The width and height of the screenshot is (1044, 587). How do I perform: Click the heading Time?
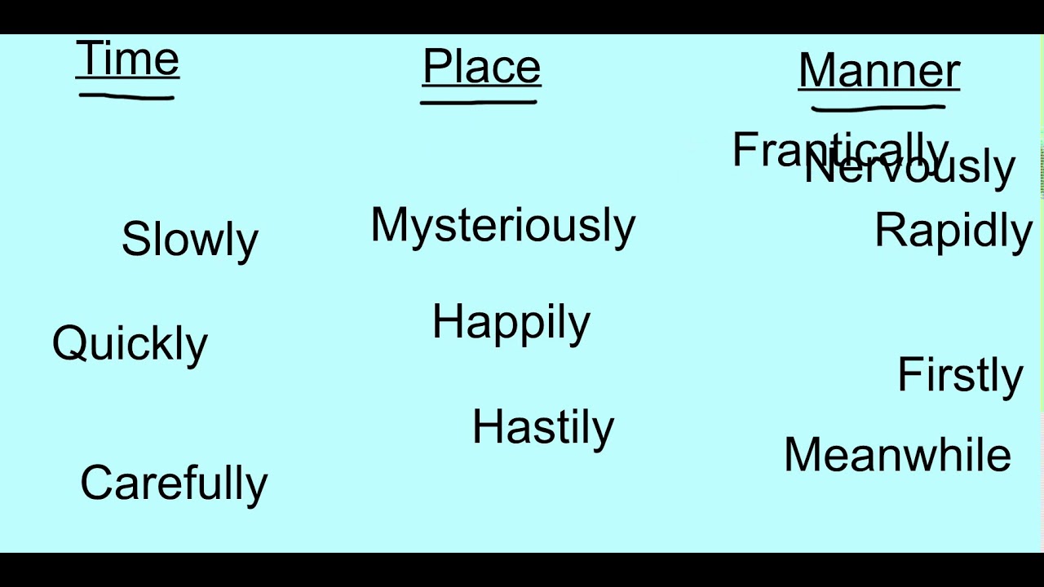pos(127,59)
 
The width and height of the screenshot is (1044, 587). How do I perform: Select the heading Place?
pos(481,66)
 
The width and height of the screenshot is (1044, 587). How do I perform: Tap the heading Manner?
pos(878,70)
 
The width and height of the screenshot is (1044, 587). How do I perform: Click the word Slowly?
pos(189,239)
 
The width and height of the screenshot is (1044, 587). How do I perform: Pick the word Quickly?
pos(130,343)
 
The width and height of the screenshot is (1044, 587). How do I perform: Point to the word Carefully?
pos(174,483)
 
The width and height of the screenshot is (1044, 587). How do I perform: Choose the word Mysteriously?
pos(502,225)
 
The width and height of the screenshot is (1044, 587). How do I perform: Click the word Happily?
pos(511,322)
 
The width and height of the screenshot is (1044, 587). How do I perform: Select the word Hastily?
pos(542,426)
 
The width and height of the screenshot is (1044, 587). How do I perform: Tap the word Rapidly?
pos(953,231)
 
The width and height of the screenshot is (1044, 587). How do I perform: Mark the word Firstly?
pos(959,375)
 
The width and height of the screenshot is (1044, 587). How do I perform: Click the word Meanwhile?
pos(897,455)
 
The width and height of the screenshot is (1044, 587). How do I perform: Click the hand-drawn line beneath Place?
pos(479,103)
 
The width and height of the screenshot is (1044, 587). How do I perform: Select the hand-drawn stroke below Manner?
pos(878,106)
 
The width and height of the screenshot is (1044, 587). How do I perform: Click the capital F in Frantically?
pos(744,150)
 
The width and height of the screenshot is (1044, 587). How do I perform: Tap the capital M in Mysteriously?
pos(389,224)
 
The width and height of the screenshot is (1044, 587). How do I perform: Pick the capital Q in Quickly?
pos(69,343)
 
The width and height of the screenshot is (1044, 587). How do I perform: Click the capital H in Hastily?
pos(488,426)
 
